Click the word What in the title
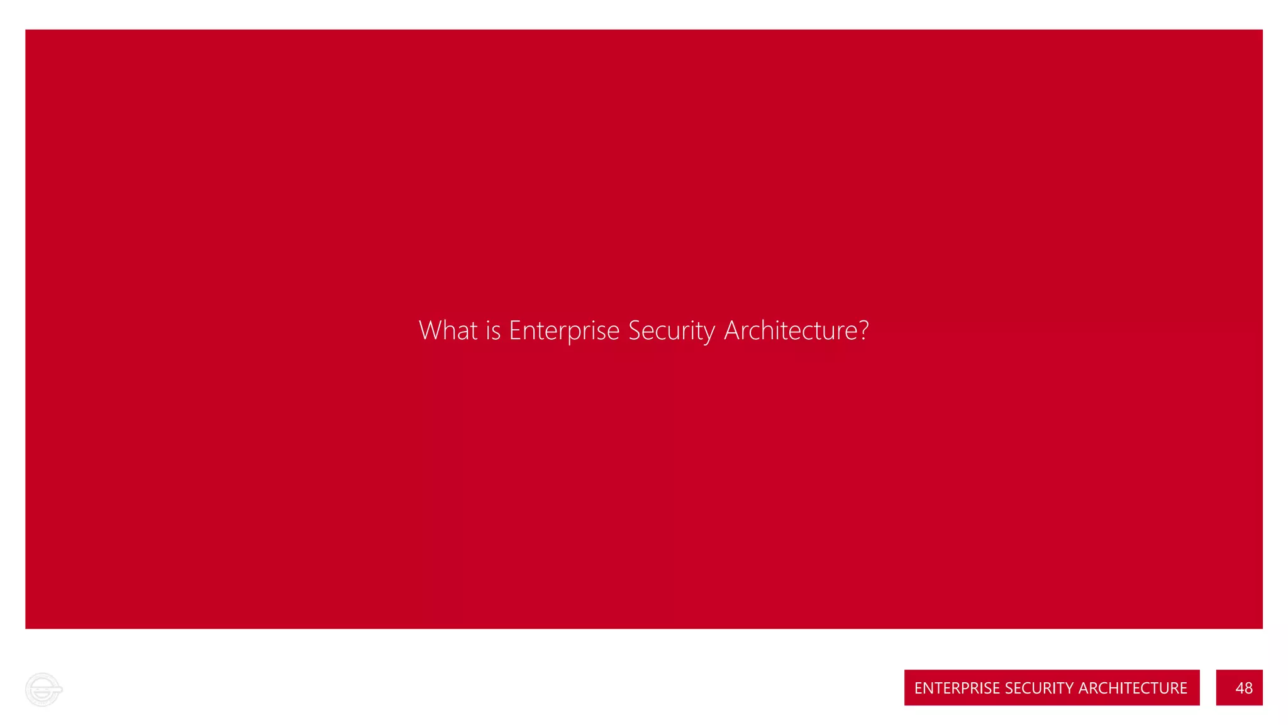448,330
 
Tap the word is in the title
493,331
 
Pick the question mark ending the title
863,330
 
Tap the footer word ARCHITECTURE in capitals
1133,688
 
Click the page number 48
1243,688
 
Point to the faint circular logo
43,690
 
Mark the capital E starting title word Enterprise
514,330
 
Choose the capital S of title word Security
635,330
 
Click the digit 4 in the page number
1239,688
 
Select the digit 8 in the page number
1248,688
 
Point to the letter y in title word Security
709,334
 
